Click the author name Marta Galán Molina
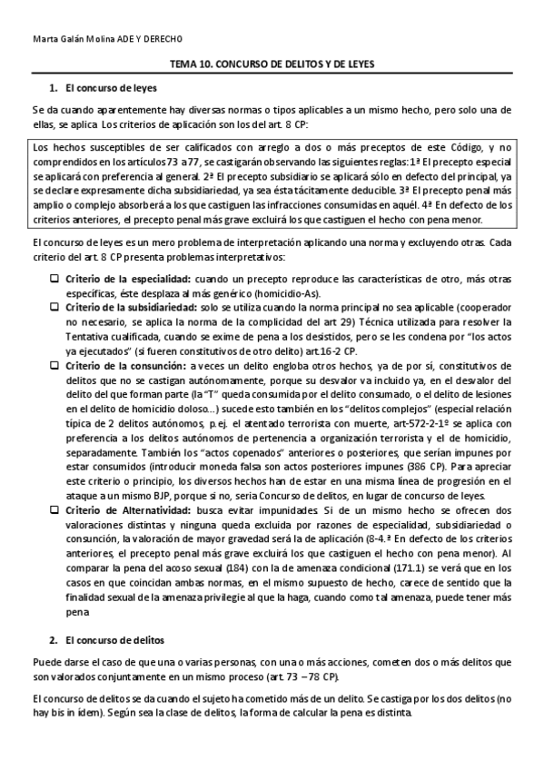click(69, 40)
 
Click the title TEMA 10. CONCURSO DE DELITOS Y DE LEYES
click(272, 65)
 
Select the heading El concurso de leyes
click(112, 89)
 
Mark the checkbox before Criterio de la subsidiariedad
click(54, 308)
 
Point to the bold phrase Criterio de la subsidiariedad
click(126, 308)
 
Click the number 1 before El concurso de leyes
click(52, 89)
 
